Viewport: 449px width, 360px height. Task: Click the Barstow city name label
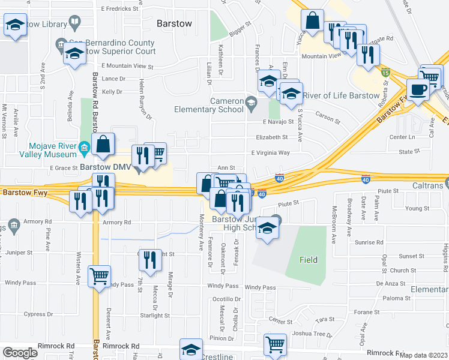pos(174,24)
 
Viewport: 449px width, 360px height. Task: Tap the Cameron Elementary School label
pos(226,105)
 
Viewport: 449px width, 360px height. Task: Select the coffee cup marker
pos(418,89)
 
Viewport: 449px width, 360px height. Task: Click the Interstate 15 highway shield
pos(385,73)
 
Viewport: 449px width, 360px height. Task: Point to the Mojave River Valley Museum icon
pos(84,147)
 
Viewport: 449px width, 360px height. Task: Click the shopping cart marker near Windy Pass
pos(99,277)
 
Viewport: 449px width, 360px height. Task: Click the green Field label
pos(309,260)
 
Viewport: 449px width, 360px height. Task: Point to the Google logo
pos(20,353)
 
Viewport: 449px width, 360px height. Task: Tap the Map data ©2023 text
pos(424,355)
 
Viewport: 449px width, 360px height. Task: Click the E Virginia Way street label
pos(270,153)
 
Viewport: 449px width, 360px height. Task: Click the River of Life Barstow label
pos(342,96)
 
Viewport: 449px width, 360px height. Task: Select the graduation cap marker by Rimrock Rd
pos(192,350)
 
